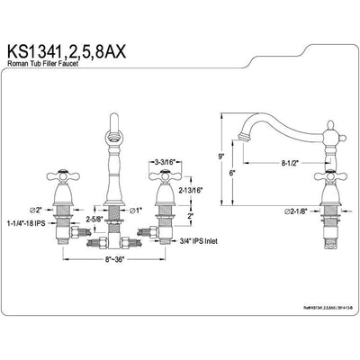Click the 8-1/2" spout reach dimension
pyautogui.click(x=289, y=163)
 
